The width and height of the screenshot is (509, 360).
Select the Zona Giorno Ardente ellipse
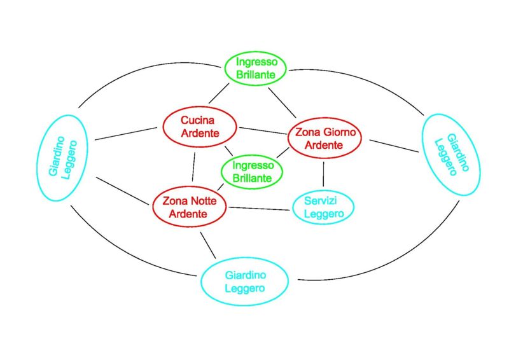click(x=324, y=139)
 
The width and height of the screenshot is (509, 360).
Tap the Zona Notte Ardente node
click(x=190, y=207)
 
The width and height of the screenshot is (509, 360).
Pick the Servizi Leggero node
click(x=323, y=207)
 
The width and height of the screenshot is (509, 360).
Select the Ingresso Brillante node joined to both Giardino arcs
click(x=256, y=68)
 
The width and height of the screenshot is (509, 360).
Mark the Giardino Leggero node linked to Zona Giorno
click(x=450, y=154)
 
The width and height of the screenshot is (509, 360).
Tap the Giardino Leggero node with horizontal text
click(x=245, y=282)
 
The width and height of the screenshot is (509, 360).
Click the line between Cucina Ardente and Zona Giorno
click(x=263, y=130)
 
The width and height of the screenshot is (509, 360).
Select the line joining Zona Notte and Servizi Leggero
click(x=259, y=208)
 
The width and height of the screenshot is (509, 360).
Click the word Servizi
click(x=323, y=200)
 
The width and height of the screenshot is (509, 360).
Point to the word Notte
click(x=203, y=201)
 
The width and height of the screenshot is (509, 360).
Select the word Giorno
click(x=340, y=133)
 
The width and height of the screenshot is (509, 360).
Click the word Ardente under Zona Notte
click(x=190, y=214)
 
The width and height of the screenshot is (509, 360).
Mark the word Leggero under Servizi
click(x=323, y=214)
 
